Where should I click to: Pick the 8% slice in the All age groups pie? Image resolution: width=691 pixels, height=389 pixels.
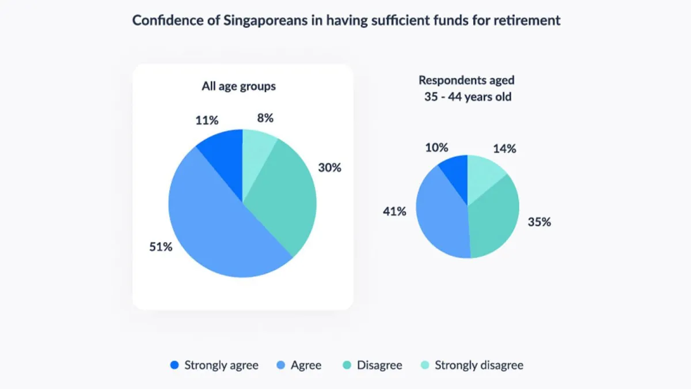(x=256, y=147)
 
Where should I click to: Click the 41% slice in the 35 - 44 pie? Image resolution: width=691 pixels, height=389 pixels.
(x=441, y=213)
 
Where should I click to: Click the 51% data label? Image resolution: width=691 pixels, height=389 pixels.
(x=160, y=247)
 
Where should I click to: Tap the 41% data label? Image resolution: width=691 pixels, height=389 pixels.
(x=394, y=212)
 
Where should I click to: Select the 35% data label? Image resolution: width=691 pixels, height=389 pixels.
(x=539, y=222)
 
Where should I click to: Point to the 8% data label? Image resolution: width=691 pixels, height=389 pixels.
(x=265, y=118)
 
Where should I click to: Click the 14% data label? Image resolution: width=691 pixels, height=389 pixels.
(x=504, y=148)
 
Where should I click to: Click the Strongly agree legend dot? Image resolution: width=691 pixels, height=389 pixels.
(x=174, y=365)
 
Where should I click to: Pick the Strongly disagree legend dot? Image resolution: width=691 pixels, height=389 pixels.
(x=425, y=365)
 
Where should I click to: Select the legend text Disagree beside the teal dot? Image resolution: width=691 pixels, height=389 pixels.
(x=379, y=365)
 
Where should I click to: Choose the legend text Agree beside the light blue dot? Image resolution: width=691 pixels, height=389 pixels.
(x=306, y=365)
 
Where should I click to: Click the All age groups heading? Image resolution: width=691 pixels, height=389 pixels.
(x=238, y=86)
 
